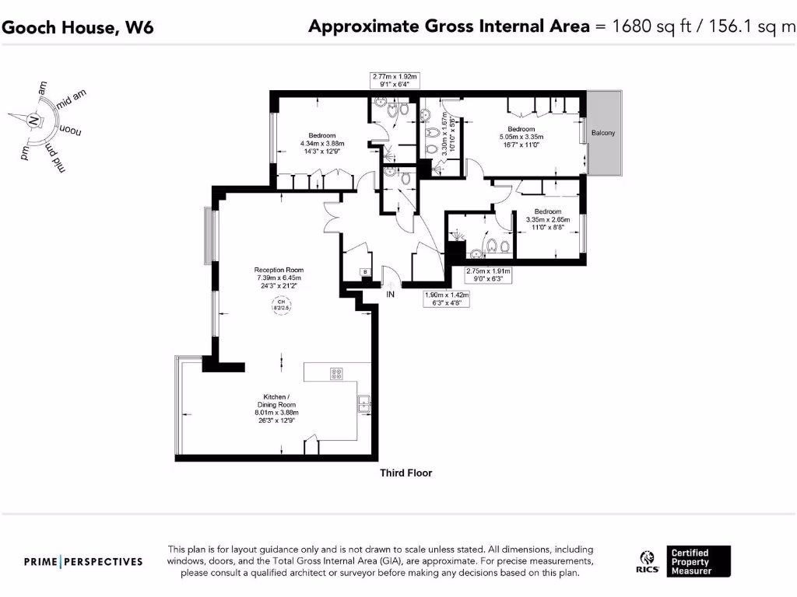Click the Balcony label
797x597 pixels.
602,133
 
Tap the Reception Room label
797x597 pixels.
279,271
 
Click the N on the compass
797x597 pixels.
33,120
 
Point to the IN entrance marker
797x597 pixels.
391,295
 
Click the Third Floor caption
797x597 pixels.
406,473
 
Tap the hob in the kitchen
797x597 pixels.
337,374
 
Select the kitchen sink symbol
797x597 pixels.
363,403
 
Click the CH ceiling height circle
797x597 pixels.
279,305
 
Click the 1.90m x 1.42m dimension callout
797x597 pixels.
448,298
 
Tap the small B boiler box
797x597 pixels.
364,271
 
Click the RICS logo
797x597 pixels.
645,561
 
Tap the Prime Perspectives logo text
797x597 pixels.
83,561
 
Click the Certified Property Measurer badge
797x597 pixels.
700,561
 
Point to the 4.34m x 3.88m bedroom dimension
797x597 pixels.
322,143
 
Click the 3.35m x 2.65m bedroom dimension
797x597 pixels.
548,220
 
